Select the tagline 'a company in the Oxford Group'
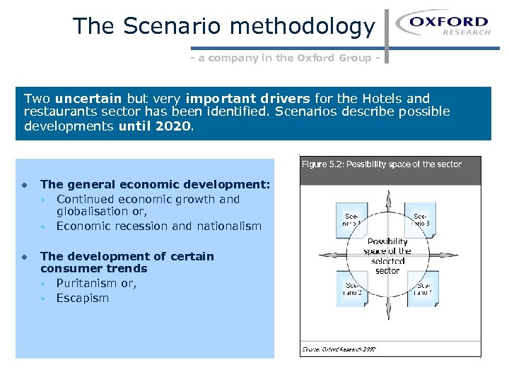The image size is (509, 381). tap(286, 59)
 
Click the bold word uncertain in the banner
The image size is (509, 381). tap(88, 99)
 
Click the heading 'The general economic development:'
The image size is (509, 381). tap(155, 185)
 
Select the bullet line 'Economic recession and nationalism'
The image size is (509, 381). tap(158, 226)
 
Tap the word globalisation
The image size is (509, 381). tap(99, 212)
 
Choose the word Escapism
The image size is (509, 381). tap(83, 298)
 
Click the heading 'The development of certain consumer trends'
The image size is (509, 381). tap(127, 262)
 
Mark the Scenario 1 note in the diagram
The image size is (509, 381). tap(351, 219)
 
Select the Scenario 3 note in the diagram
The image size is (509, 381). tap(422, 219)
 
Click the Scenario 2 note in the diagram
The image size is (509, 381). tap(351, 289)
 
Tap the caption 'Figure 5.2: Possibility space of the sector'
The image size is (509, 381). tap(381, 164)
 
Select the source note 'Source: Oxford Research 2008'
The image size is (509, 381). tap(339, 349)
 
